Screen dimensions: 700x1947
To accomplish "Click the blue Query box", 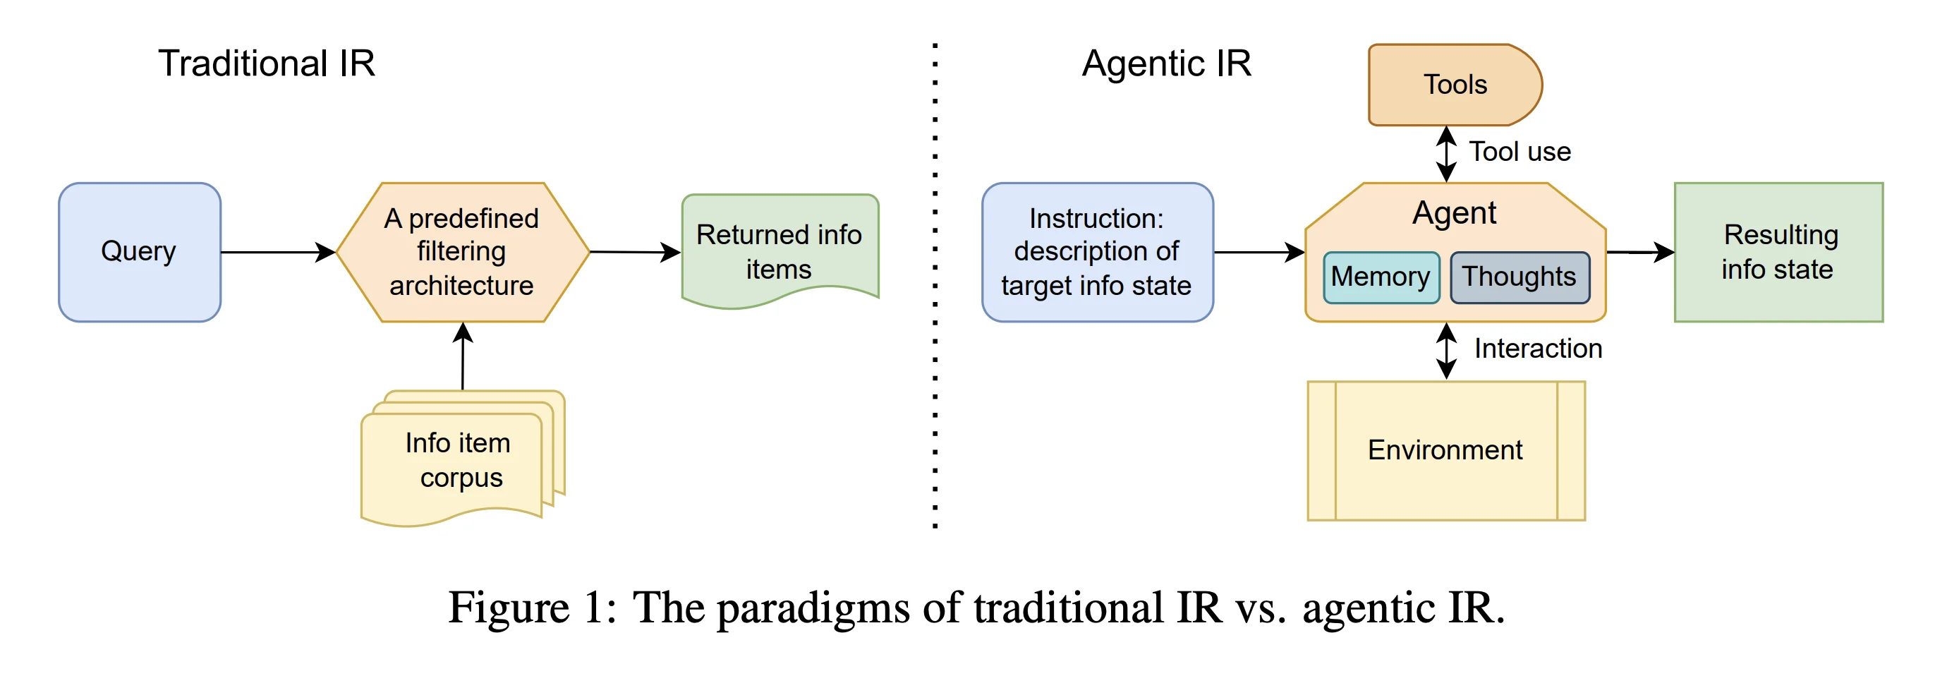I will [x=139, y=252].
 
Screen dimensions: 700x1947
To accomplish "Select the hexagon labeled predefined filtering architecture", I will [x=462, y=252].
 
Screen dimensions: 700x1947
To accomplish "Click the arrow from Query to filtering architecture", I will [x=277, y=252].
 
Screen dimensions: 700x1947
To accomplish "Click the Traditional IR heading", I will [x=266, y=64].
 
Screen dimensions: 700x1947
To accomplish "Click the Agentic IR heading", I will [x=1165, y=64].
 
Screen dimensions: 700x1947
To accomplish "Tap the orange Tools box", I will [x=1453, y=85].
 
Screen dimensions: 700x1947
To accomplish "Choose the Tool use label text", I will [x=1520, y=152].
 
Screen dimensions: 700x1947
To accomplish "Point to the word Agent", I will [x=1453, y=213].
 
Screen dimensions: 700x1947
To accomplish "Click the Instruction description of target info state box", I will [x=1096, y=252].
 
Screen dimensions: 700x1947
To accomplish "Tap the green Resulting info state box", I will [x=1778, y=252].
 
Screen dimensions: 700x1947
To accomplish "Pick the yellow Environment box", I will [x=1445, y=450].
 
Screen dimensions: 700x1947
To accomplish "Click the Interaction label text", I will [x=1537, y=349].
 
